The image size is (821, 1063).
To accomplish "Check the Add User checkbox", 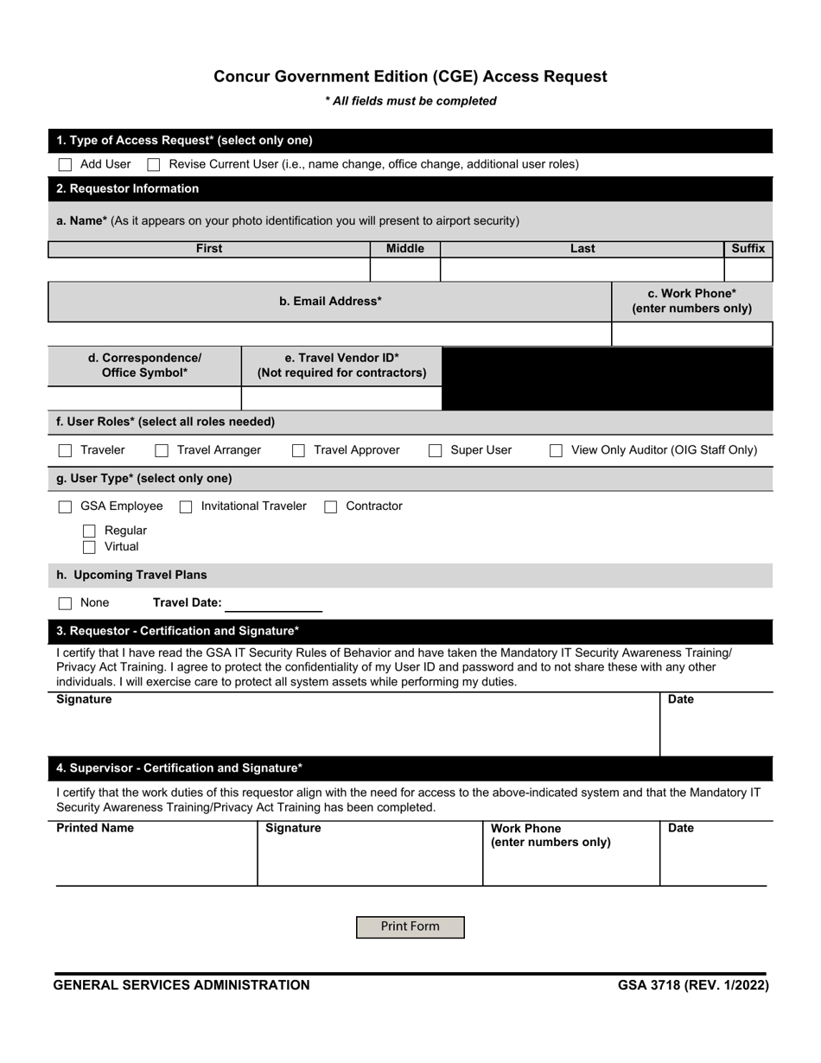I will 65,164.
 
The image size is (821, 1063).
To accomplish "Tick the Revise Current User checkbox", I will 154,164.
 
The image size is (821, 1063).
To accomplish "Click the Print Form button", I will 410,926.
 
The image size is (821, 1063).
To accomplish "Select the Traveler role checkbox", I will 65,450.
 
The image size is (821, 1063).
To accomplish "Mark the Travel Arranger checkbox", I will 162,450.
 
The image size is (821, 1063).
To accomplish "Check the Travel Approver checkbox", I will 298,450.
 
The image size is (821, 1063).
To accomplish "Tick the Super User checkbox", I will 436,450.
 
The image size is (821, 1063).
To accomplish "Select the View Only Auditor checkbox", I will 557,450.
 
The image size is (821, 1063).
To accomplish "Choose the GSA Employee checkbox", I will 65,506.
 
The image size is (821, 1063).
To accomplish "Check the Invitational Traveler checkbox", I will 186,506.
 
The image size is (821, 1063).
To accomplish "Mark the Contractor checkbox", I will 330,506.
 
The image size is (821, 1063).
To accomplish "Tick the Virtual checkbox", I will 89,547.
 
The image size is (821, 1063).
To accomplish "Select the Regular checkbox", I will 89,531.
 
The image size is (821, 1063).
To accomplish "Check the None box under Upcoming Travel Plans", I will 65,603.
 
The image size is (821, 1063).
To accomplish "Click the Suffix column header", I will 748,249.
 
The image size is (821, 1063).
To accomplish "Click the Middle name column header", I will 404,249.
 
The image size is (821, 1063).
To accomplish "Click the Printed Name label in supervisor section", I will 95,828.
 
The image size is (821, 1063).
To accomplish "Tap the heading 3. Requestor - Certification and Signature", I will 178,631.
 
